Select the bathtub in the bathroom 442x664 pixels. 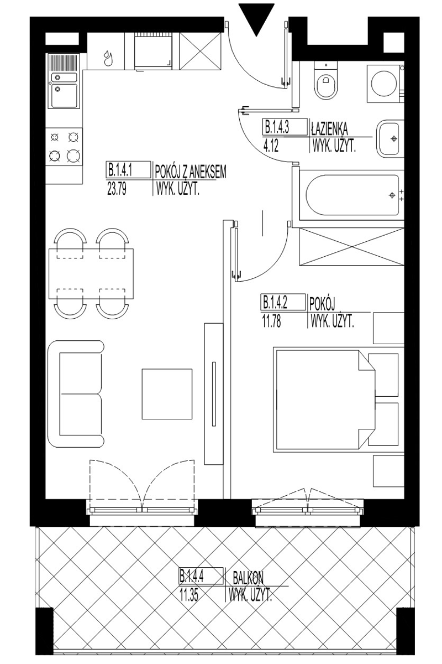tap(352, 195)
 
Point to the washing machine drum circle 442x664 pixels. tap(383, 84)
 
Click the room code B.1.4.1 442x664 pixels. tap(120, 171)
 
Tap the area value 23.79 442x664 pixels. tap(117, 189)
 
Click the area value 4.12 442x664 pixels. tap(271, 147)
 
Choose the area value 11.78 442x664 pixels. tap(271, 322)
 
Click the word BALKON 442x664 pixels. tap(249, 577)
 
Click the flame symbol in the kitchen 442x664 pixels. tap(107, 58)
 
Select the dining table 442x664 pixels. tap(91, 274)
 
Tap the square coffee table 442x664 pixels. tap(167, 394)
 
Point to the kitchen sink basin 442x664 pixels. tap(64, 96)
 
